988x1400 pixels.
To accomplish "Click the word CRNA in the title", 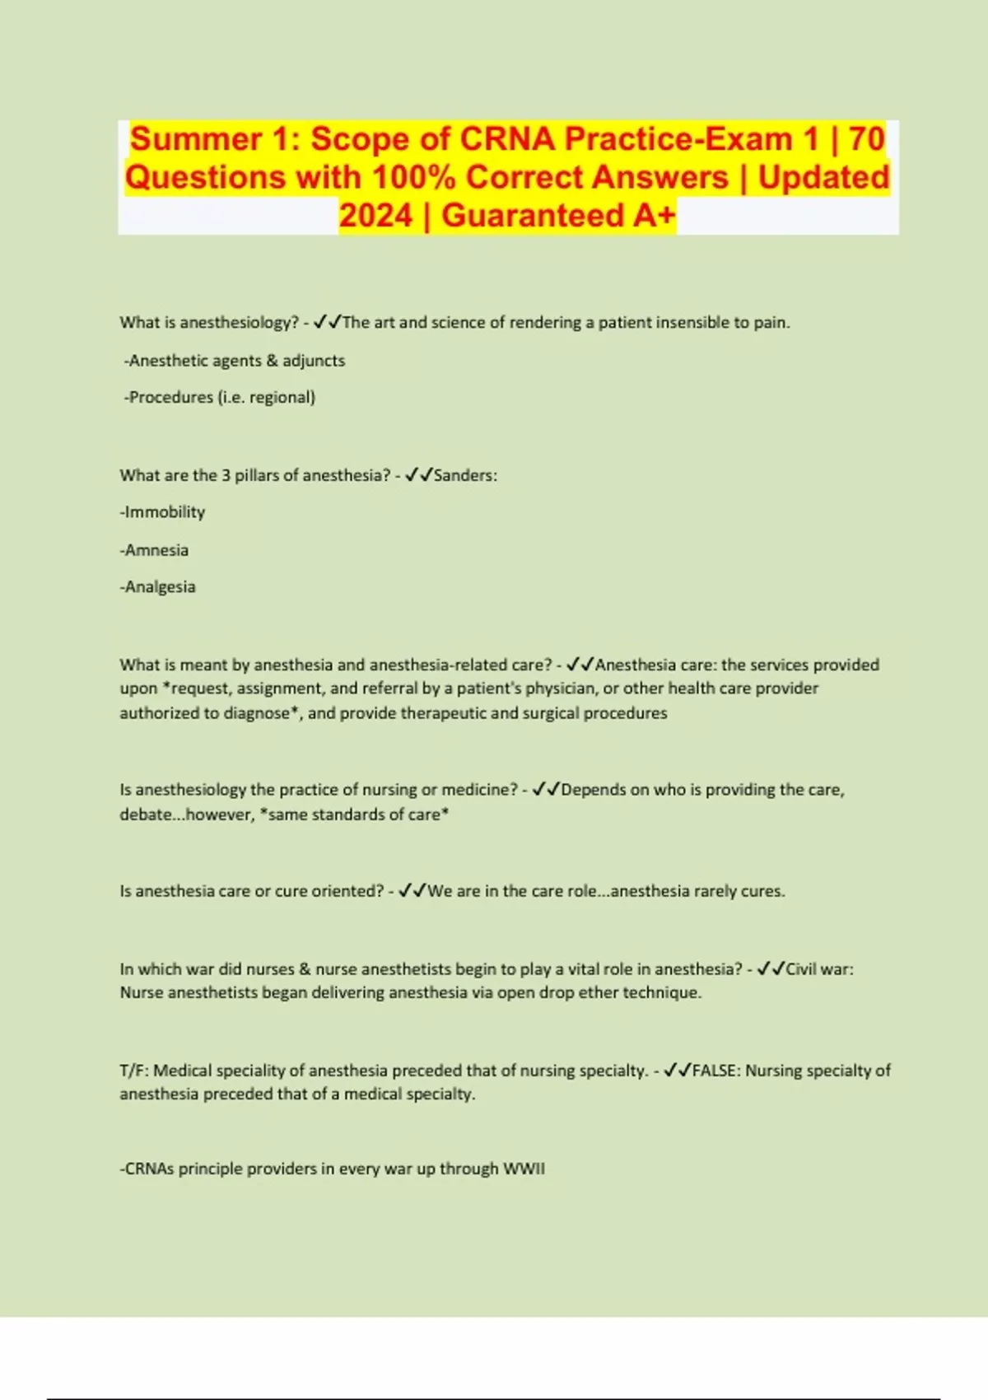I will click(506, 139).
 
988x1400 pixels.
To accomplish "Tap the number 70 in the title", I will click(866, 139).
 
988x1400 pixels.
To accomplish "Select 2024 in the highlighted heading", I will click(375, 216).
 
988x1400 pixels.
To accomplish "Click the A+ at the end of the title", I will click(655, 216).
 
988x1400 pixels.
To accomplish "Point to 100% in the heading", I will click(413, 178).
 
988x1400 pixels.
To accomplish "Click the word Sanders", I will click(464, 475).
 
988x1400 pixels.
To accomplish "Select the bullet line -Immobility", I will click(162, 512).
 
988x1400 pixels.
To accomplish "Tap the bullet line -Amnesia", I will click(154, 550).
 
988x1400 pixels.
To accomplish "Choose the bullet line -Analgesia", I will click(157, 587).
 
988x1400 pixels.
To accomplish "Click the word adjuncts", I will click(314, 361).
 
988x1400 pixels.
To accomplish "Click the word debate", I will click(145, 814).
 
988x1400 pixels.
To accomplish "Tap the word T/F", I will click(133, 1071).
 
